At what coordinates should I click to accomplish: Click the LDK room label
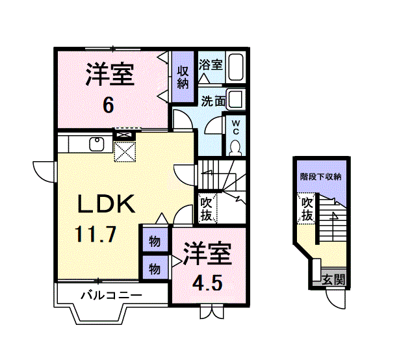(x=106, y=205)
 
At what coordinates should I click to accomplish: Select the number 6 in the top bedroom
(x=109, y=103)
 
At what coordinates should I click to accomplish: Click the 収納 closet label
(x=183, y=77)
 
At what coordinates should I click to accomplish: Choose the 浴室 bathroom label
(x=211, y=65)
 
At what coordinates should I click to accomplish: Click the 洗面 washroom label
(x=212, y=101)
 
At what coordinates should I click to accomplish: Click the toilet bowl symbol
(x=235, y=147)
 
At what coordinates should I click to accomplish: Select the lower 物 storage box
(x=155, y=268)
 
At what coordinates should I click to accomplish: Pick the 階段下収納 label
(x=321, y=177)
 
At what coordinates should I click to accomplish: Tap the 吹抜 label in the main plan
(x=207, y=208)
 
